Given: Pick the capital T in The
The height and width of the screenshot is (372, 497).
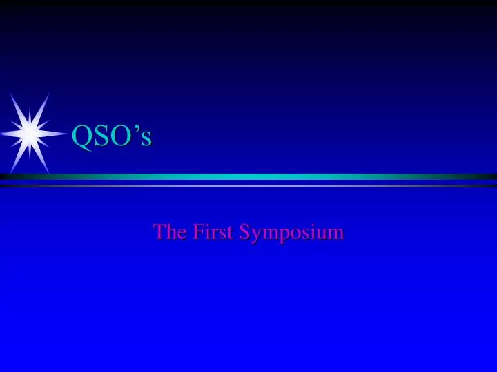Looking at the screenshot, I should [x=159, y=232].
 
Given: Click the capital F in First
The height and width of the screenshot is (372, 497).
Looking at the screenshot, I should [x=197, y=232].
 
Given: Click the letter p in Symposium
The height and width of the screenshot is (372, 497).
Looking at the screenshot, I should [x=282, y=236].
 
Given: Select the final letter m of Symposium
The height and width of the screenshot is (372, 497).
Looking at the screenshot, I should [x=336, y=234].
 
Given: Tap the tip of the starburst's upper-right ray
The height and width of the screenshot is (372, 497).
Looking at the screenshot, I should [x=49, y=94].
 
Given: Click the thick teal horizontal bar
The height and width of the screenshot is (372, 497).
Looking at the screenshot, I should [x=248, y=176].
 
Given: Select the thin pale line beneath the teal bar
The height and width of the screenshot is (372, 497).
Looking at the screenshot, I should [x=248, y=185].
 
